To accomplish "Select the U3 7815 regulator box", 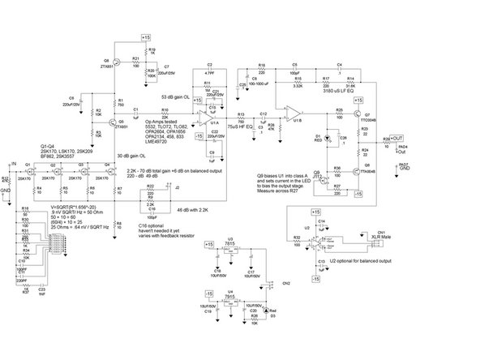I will click(x=231, y=251).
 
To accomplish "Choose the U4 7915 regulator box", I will click(x=231, y=300).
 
